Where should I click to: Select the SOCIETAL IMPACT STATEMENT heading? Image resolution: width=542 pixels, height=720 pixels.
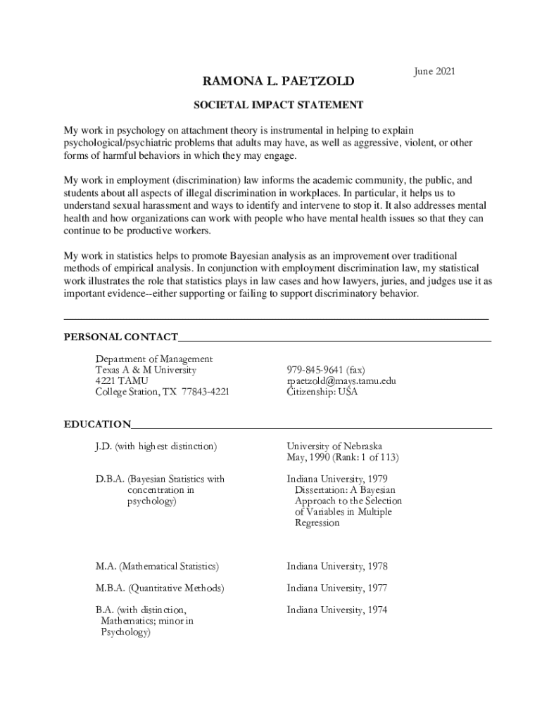pos(279,105)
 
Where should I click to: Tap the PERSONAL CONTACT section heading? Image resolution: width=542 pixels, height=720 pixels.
pos(120,337)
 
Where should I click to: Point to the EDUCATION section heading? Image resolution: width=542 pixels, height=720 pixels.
pos(97,424)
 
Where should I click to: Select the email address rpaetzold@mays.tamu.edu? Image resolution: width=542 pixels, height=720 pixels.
pos(341,381)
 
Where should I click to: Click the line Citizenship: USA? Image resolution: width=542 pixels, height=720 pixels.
pos(322,392)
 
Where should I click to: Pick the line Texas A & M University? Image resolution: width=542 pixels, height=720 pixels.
pos(146,370)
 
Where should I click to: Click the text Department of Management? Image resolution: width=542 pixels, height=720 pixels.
pos(154,359)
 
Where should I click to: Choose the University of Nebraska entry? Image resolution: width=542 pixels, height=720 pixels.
pos(334,446)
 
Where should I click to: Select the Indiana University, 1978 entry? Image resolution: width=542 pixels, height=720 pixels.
pos(337,566)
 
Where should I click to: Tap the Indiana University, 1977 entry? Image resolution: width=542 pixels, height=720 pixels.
pos(337,588)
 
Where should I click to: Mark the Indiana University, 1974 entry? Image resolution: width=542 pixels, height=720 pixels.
pos(337,610)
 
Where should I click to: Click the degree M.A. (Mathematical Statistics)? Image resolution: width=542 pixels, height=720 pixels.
pos(157,566)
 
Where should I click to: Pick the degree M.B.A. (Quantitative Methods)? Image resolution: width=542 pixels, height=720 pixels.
pos(160,588)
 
